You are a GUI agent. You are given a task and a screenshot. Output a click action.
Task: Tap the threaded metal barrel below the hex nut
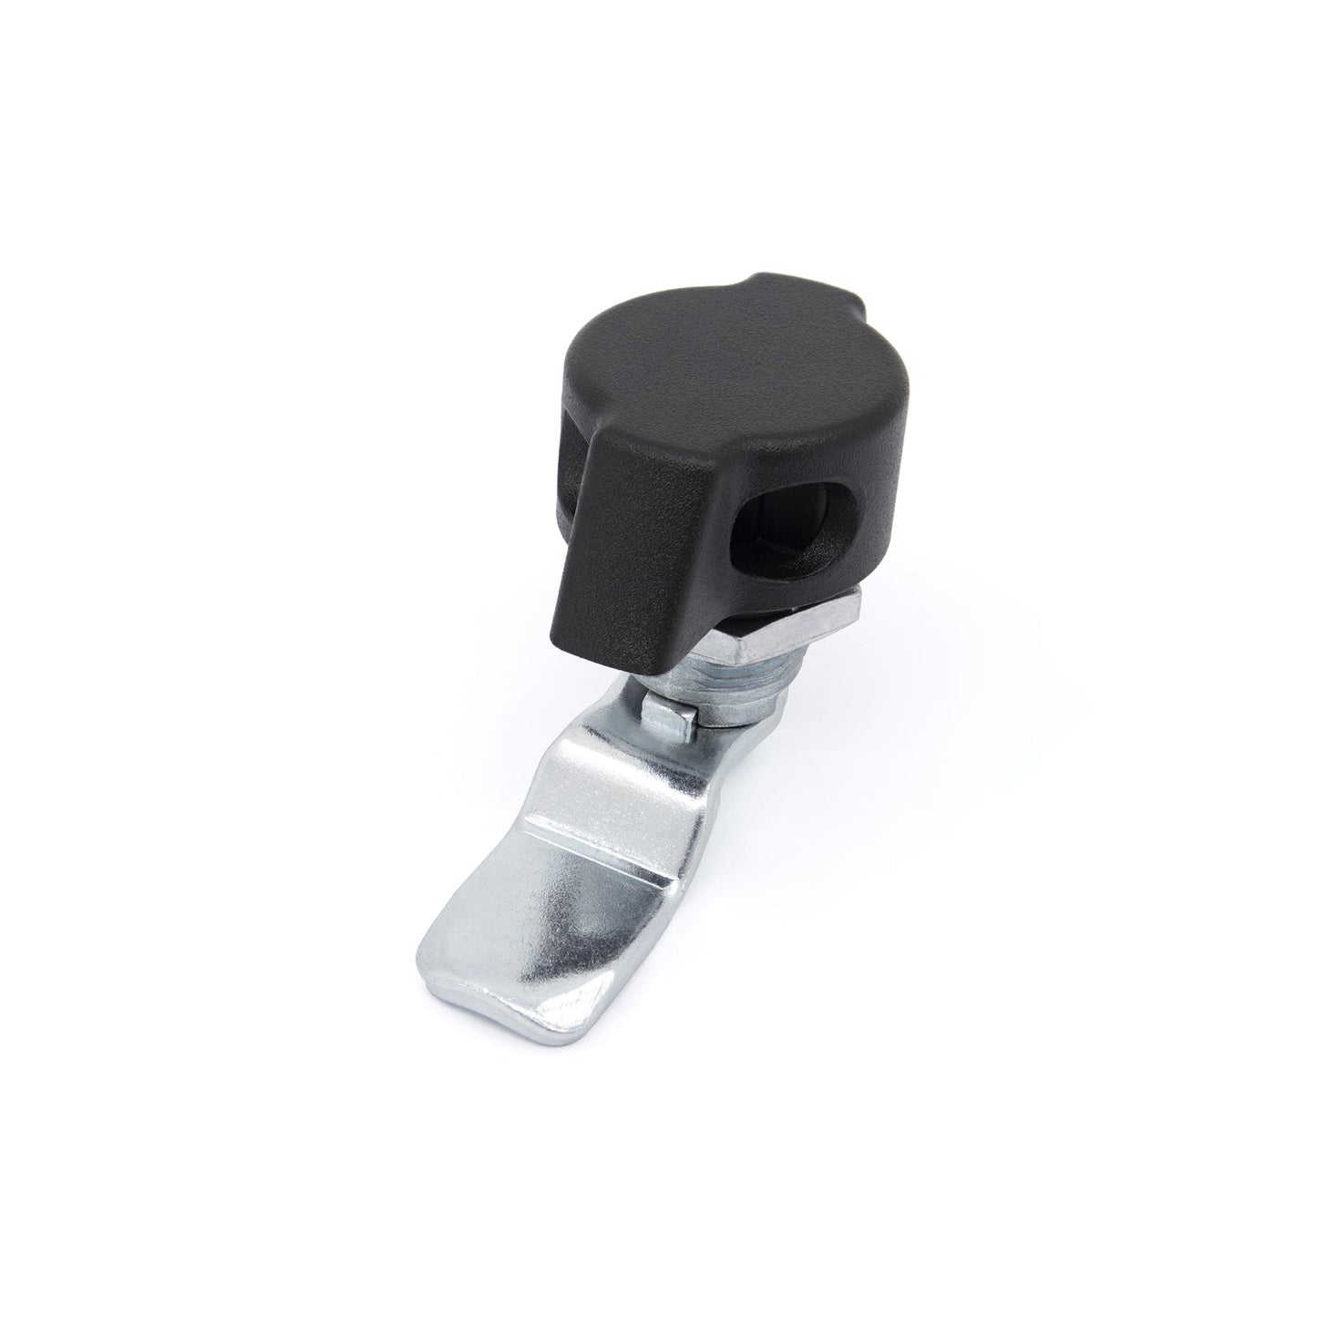pos(729,679)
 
